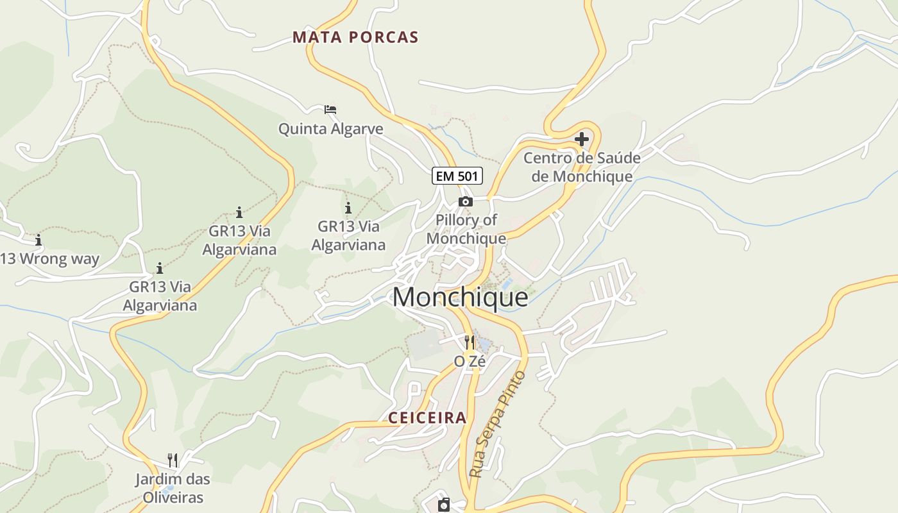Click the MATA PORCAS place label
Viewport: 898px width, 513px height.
(355, 37)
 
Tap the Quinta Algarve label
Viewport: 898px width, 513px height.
(330, 129)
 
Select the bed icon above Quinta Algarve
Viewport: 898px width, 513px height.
(330, 110)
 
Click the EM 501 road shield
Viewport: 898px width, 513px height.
(457, 176)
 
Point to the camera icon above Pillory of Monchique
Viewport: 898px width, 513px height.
(466, 202)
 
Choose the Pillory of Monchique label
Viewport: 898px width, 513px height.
(466, 230)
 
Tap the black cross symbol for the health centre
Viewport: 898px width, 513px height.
(582, 139)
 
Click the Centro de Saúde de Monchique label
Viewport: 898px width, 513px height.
(582, 167)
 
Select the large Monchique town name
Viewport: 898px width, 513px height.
(460, 298)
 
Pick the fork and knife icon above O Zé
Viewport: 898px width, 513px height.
(470, 342)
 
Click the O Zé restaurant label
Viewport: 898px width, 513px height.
(470, 362)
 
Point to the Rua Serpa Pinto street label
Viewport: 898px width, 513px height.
(498, 424)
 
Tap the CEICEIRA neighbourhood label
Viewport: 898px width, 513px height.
(427, 418)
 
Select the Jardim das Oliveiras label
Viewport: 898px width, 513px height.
(173, 488)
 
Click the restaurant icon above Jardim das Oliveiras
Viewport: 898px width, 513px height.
(173, 460)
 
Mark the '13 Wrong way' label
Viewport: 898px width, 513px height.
(50, 259)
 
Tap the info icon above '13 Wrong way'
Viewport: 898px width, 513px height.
(38, 240)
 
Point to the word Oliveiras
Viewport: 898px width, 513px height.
(173, 497)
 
